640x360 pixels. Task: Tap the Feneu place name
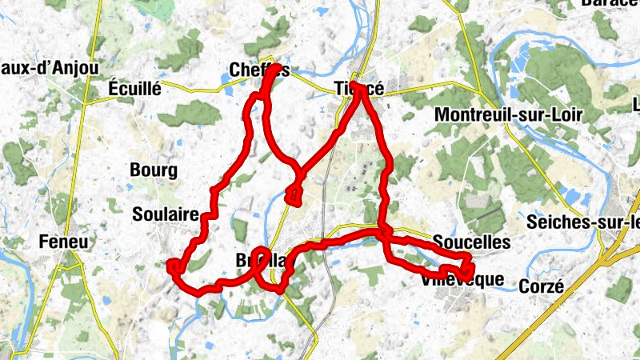tap(66, 242)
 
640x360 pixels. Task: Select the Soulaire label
tap(165, 214)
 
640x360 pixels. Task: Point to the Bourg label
tap(152, 170)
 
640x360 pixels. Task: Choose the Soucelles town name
tap(471, 241)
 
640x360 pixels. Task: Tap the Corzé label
tap(542, 286)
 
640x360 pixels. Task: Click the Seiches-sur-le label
tap(588, 222)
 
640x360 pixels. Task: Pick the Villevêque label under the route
tap(462, 280)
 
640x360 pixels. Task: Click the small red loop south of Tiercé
tap(293, 194)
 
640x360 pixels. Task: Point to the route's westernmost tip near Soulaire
tap(170, 266)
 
